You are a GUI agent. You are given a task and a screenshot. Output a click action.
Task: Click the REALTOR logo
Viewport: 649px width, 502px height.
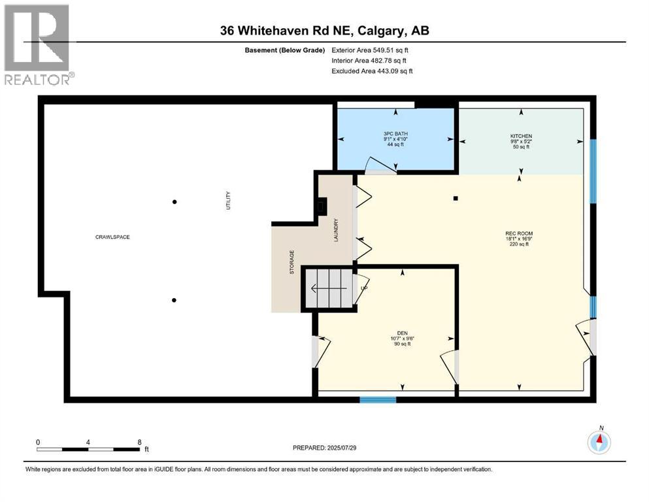pyautogui.click(x=37, y=44)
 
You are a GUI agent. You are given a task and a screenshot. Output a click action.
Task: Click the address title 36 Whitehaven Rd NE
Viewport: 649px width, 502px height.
pyautogui.click(x=325, y=31)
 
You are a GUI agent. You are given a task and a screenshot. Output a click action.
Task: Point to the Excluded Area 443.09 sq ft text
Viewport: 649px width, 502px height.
pyautogui.click(x=372, y=71)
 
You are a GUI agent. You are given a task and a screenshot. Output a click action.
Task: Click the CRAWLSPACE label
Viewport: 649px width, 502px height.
pyautogui.click(x=112, y=237)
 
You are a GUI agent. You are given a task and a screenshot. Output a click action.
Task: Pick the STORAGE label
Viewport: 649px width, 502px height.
pyautogui.click(x=292, y=261)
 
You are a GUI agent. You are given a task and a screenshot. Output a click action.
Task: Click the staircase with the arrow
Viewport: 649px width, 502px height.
pyautogui.click(x=330, y=288)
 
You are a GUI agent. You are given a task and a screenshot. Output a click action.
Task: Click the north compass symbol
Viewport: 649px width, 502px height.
pyautogui.click(x=599, y=443)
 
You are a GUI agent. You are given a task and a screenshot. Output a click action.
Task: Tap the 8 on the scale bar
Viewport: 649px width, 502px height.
pyautogui.click(x=139, y=442)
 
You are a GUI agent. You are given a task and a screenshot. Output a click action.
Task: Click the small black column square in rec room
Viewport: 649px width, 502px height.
pyautogui.click(x=456, y=198)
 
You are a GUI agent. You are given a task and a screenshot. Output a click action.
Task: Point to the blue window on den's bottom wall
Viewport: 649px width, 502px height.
pyautogui.click(x=378, y=399)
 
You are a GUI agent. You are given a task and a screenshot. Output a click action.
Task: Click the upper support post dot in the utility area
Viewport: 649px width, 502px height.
pyautogui.click(x=174, y=202)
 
